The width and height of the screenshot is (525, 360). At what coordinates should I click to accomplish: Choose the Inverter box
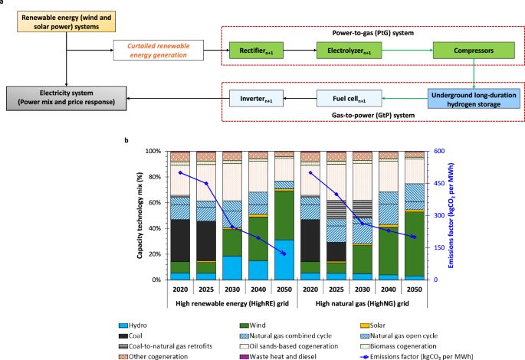click(x=260, y=98)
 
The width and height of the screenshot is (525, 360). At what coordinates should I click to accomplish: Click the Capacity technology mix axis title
click(x=143, y=214)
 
